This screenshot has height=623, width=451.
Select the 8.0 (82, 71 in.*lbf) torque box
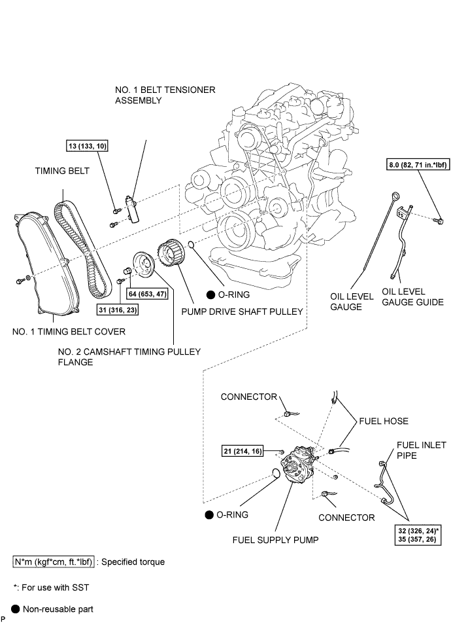[418, 164]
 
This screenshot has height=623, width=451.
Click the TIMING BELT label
[62, 171]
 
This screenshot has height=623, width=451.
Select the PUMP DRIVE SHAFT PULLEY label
[242, 311]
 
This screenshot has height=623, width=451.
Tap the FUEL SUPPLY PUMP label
[276, 539]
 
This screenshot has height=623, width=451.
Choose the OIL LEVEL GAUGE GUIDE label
[412, 297]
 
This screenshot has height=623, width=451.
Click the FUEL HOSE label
[384, 421]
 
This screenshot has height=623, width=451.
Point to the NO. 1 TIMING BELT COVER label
[69, 331]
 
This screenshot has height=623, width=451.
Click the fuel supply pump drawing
[298, 464]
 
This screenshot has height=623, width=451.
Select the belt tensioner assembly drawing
[131, 208]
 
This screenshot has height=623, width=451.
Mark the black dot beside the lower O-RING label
[209, 515]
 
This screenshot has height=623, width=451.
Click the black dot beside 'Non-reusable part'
[16, 609]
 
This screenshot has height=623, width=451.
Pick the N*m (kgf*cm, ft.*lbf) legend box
[54, 561]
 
